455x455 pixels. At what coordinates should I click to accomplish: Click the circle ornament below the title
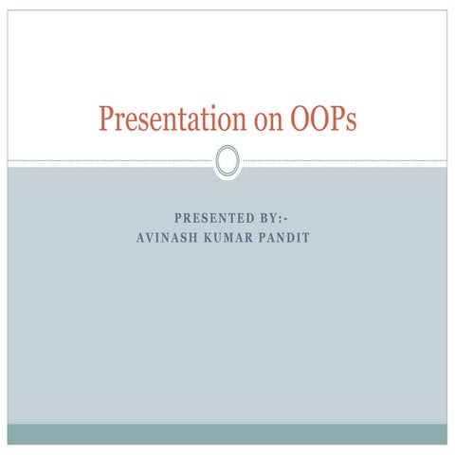[227, 161]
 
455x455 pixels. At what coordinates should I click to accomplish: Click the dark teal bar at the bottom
[227, 433]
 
